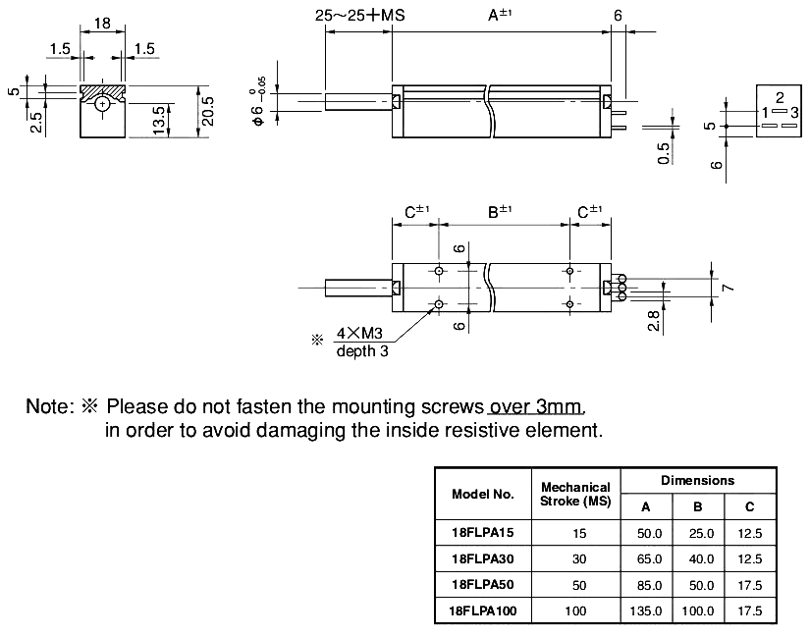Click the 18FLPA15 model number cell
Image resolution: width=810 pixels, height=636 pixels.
pos(480,533)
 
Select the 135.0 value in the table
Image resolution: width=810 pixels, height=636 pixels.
pos(645,610)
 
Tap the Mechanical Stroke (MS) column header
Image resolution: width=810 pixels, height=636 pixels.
pos(575,494)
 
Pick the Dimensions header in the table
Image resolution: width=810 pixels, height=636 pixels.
pos(697,480)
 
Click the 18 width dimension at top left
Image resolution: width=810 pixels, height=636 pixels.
pos(101,24)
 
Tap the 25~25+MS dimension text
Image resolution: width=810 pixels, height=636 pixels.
pos(359,16)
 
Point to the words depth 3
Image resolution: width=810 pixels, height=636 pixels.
pos(361,350)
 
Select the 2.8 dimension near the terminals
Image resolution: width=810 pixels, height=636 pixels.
pos(654,319)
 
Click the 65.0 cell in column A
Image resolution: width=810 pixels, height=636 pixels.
pos(645,558)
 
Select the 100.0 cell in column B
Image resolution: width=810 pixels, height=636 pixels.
pos(698,610)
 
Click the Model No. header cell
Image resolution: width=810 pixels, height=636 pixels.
pos(482,494)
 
